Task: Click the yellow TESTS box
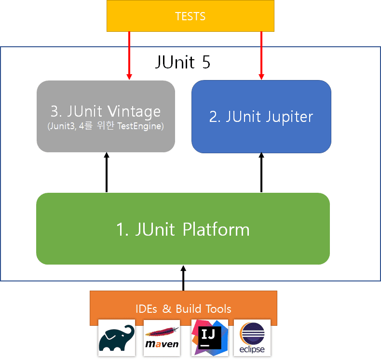(x=190, y=16)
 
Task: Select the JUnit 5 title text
(x=183, y=63)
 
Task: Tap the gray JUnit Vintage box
(x=106, y=116)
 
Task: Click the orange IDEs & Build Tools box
(x=183, y=308)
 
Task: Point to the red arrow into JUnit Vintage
(x=129, y=55)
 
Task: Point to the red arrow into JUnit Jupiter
(x=261, y=55)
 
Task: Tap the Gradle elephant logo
(x=117, y=338)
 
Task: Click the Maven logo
(x=162, y=338)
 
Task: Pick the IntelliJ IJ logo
(x=209, y=338)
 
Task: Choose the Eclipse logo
(x=252, y=338)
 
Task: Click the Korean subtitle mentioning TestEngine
(x=106, y=127)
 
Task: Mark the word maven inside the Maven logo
(x=162, y=344)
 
